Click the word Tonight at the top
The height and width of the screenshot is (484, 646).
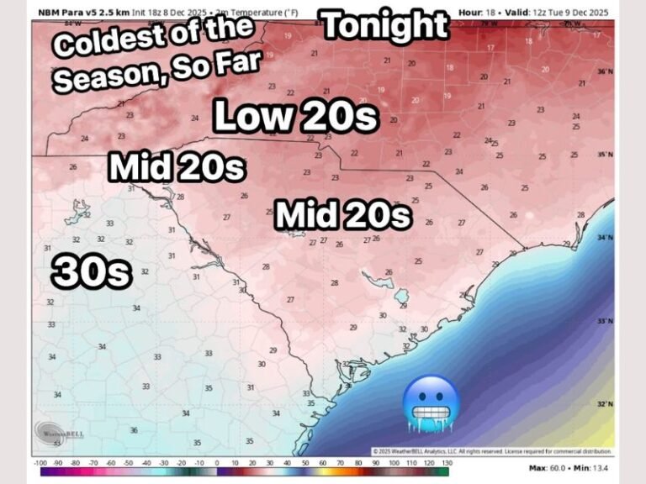point(385,27)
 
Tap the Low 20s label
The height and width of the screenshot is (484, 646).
point(294,117)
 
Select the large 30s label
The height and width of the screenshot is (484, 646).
point(93,271)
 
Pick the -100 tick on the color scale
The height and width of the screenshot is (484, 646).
point(40,463)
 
